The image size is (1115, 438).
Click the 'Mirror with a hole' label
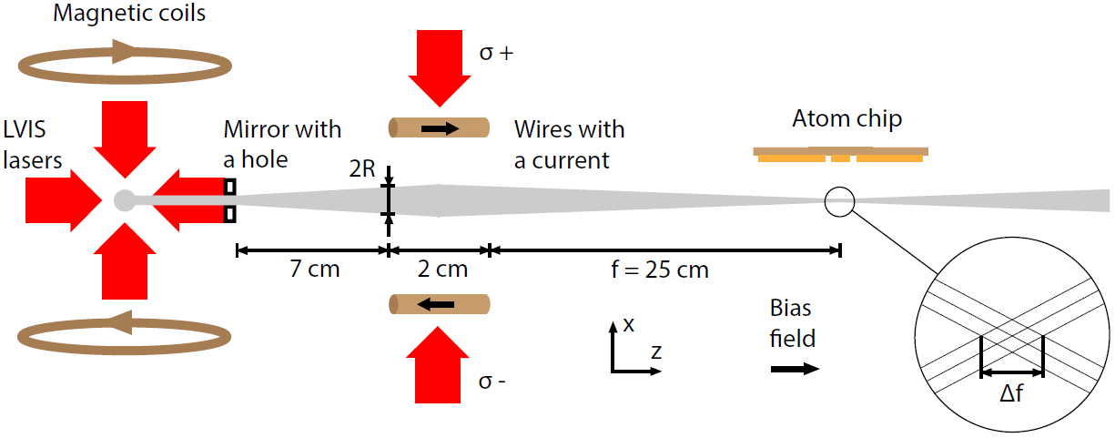tap(282, 144)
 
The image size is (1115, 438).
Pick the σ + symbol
tap(496, 53)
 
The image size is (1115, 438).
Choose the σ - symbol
tap(492, 382)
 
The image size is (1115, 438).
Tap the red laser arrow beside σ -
tap(439, 363)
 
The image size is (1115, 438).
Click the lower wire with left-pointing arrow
tap(440, 304)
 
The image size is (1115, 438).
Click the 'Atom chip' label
tap(846, 119)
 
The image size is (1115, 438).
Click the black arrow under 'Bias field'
tap(794, 370)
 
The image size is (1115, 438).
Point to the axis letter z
tap(656, 351)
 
